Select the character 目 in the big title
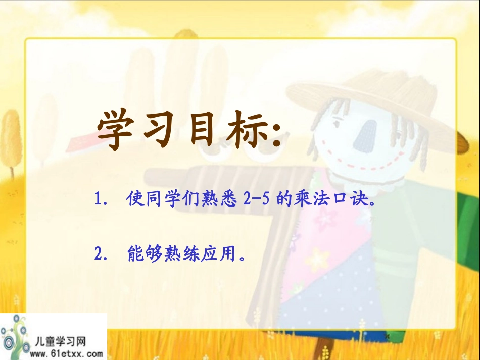tap(202, 131)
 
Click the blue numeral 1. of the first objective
tap(101, 200)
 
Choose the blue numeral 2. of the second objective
tap(101, 254)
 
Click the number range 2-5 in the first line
tap(258, 200)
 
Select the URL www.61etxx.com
tap(66, 353)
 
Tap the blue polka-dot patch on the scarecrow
tap(328, 308)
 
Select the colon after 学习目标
tap(276, 134)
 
